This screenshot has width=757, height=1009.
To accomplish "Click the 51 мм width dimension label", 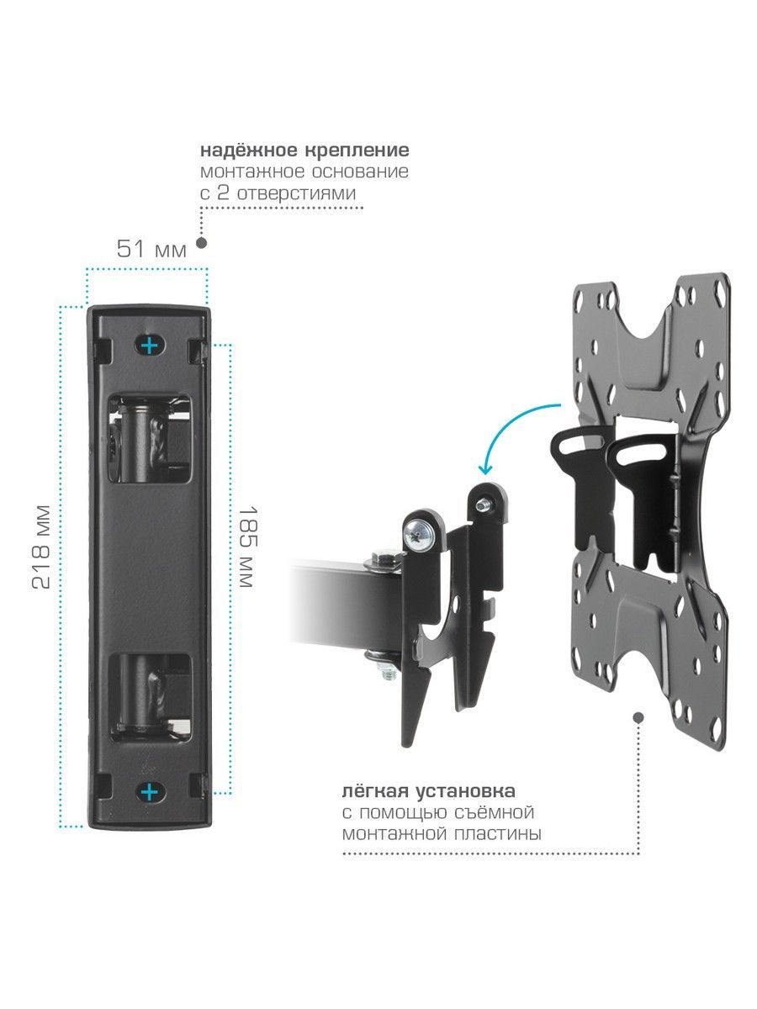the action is coord(151,249).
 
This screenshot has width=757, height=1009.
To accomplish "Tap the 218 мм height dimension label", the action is coord(41,547).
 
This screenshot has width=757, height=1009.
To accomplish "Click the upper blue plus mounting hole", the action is coord(149,345).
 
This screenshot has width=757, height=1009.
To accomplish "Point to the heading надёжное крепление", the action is coord(304,151).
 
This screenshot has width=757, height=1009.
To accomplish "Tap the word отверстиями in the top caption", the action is coord(296,193).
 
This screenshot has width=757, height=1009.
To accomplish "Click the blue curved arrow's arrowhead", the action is coord(485,469).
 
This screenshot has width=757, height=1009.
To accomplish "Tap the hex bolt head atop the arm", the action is coord(384,559).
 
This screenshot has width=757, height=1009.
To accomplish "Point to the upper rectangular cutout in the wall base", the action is coord(149,437).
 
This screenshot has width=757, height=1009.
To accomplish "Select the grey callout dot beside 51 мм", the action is coord(201,243).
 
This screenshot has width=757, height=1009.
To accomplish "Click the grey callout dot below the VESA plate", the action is coord(638,718).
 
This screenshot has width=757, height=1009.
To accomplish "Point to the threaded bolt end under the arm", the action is coord(389,672).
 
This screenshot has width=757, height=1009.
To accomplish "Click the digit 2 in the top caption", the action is coord(223,193).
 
